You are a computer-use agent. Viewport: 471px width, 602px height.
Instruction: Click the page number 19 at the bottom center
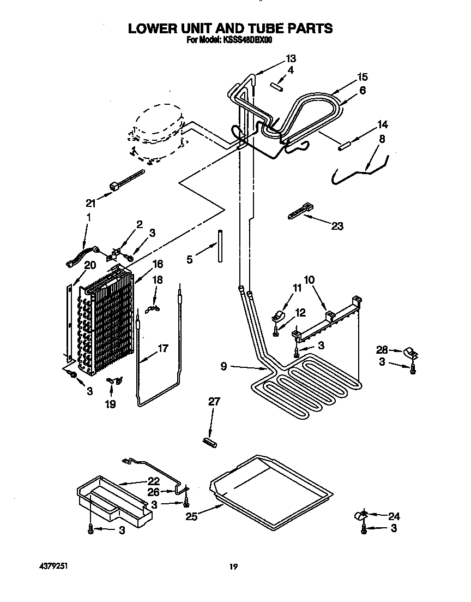(x=233, y=567)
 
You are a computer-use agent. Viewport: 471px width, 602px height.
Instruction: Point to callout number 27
(x=214, y=402)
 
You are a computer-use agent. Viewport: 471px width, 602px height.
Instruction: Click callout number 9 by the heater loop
(x=224, y=367)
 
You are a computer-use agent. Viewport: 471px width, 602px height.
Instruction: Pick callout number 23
(x=337, y=226)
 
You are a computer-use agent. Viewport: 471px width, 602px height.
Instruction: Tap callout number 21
(x=90, y=203)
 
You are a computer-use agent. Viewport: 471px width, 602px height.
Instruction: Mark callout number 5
(x=189, y=260)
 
